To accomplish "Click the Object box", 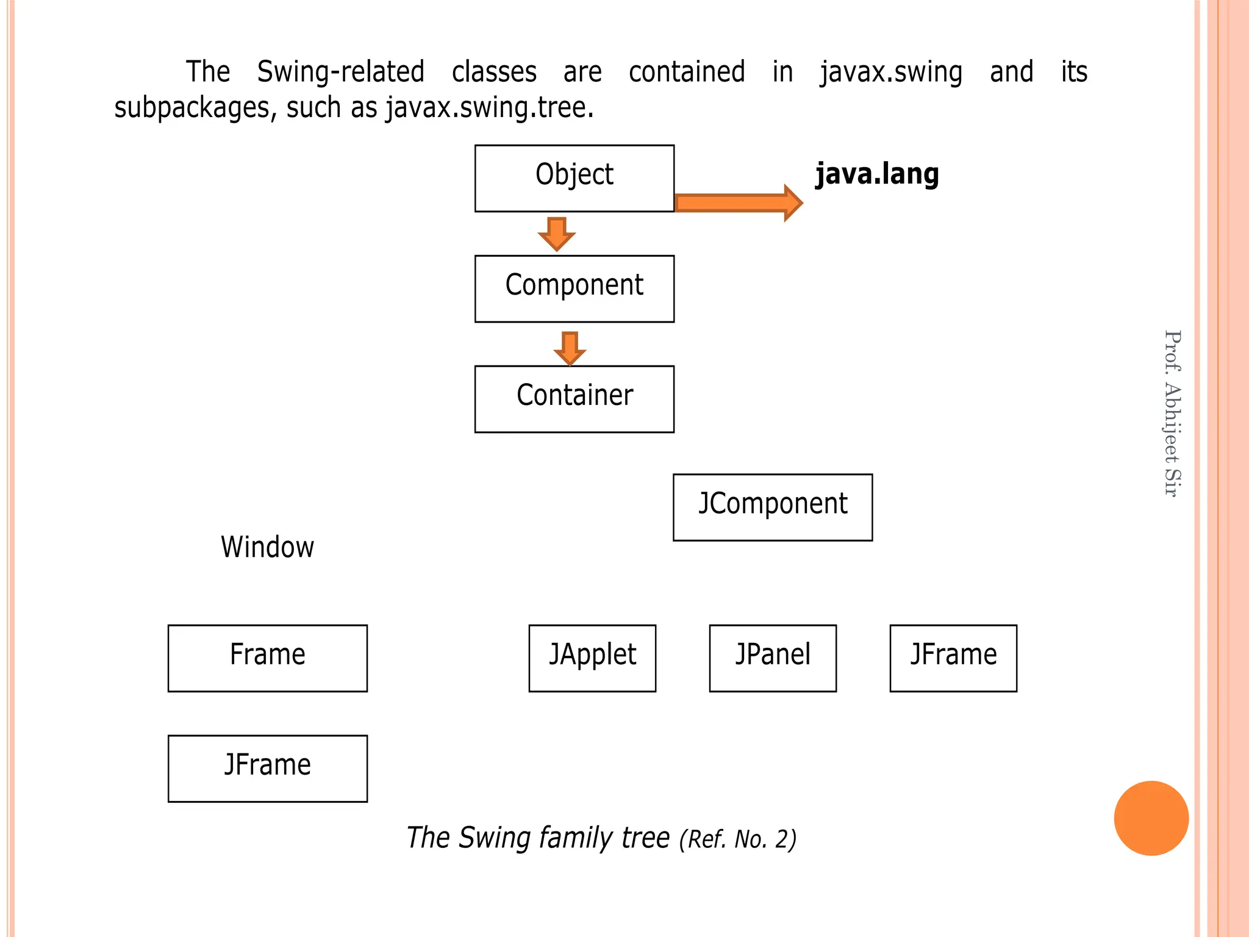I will click(x=574, y=178).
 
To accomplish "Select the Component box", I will click(x=574, y=289).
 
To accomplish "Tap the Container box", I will click(x=574, y=399).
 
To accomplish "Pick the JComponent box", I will click(x=772, y=507).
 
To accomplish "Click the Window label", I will click(x=267, y=547).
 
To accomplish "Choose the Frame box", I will click(x=267, y=658).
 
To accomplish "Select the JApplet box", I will click(x=592, y=658).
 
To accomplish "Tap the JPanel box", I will click(x=772, y=658).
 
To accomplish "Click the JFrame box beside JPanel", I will click(x=953, y=658).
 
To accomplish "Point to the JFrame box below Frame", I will click(x=267, y=768).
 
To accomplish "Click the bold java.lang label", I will click(x=877, y=174).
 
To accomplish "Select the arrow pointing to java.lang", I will click(x=738, y=203).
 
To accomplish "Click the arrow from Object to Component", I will click(x=556, y=234).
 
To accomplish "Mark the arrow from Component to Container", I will click(x=570, y=348).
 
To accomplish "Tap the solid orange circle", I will click(x=1151, y=818).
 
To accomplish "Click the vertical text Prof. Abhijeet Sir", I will click(x=1172, y=414).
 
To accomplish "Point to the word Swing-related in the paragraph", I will click(x=340, y=72).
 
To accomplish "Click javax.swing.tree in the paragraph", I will click(x=489, y=108).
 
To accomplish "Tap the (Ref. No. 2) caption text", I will click(x=737, y=839).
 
